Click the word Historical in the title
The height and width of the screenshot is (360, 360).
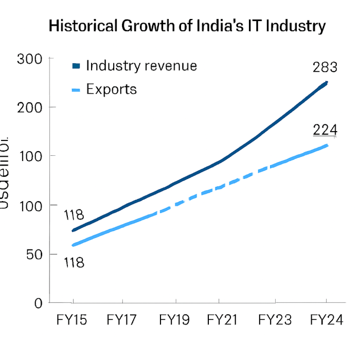pos(82,26)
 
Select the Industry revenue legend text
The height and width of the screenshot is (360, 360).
pos(141,66)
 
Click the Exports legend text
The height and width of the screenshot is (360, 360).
pos(112,89)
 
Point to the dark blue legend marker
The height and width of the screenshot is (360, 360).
pos(76,66)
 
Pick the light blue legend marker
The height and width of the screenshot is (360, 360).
pos(76,90)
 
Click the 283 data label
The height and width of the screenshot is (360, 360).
pos(325,67)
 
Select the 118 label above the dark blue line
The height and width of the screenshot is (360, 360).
pos(74,215)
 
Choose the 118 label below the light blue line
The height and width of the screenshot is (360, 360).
pos(73,263)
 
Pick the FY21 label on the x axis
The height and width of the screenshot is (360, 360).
pos(222,320)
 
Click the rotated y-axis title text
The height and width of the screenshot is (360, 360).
pos(4,172)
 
